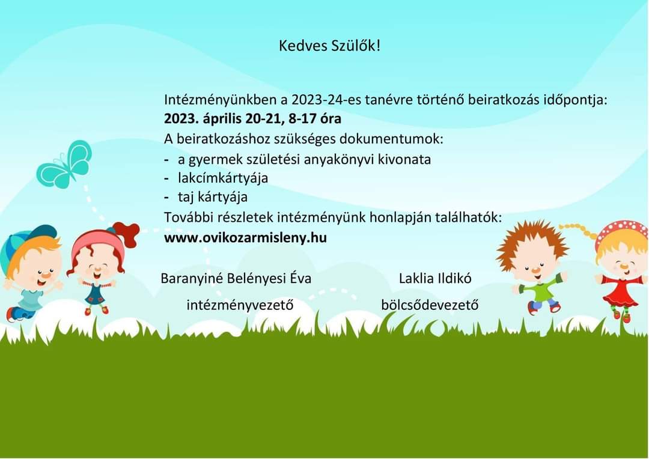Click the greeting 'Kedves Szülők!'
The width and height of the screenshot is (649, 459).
(x=329, y=46)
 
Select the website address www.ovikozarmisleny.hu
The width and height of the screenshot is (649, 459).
(x=245, y=237)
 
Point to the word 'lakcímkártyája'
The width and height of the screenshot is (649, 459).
(x=223, y=178)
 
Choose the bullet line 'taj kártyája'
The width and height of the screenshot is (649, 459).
(x=213, y=197)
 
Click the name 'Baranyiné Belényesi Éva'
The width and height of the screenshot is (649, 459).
(x=236, y=278)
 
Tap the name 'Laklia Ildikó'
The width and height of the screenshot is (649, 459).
(x=435, y=278)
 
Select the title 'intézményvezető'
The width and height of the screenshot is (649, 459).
(x=240, y=305)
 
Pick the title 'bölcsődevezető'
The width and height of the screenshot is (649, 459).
(x=430, y=305)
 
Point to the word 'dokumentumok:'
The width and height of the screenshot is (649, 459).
(x=391, y=139)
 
